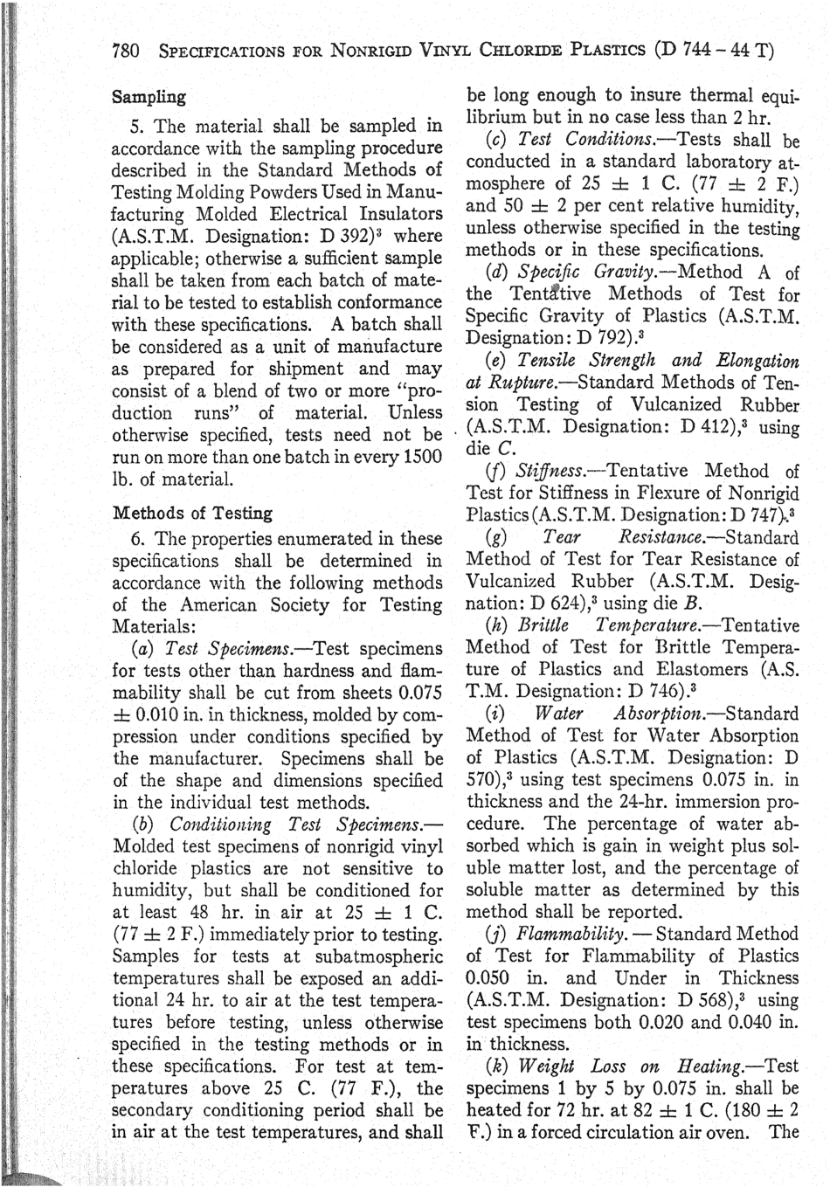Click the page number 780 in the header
pos(128,51)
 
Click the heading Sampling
pos(148,97)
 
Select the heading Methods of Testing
pos(192,513)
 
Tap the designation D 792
pos(572,338)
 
